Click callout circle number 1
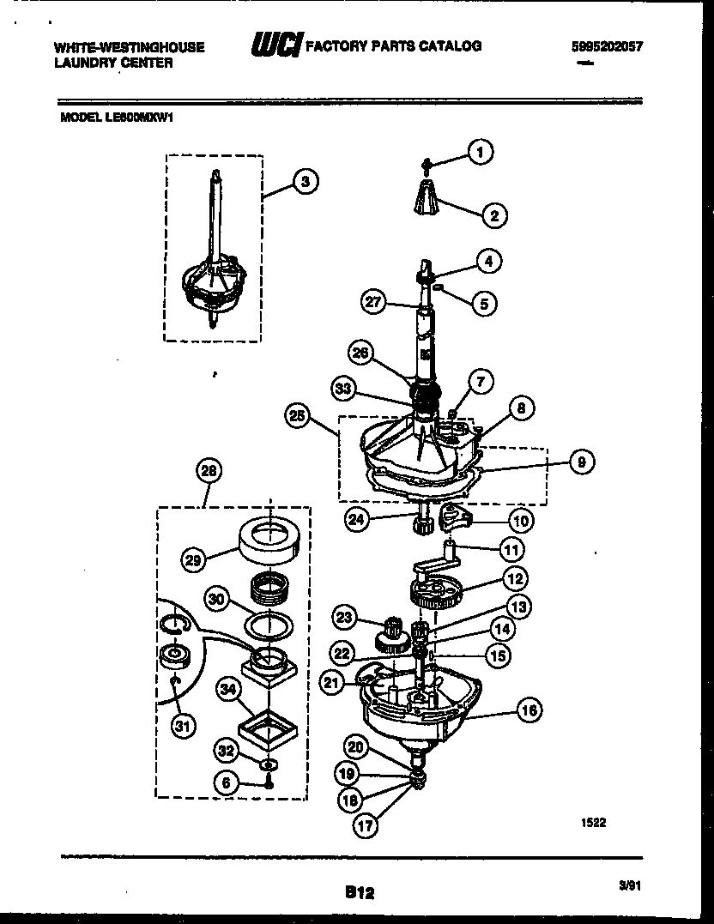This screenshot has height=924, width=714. [480, 153]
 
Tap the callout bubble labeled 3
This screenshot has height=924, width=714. [303, 181]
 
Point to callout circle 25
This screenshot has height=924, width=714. [298, 417]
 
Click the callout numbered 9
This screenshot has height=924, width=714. [581, 462]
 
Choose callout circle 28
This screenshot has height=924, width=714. [209, 470]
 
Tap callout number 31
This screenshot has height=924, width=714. [181, 726]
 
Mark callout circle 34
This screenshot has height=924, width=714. [228, 686]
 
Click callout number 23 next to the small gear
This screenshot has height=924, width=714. [344, 616]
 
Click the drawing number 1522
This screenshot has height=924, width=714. [593, 822]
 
